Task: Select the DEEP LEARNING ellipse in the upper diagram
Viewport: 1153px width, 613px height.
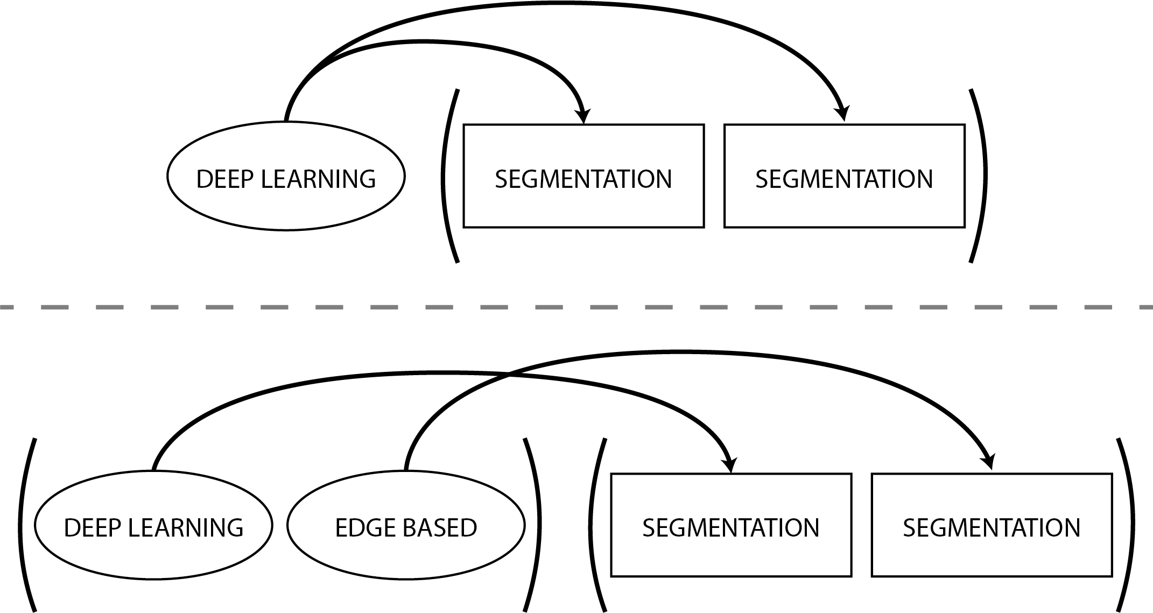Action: click(x=286, y=207)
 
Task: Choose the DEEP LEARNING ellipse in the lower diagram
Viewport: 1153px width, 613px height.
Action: click(x=153, y=554)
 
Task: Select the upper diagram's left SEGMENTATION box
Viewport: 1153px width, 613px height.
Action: click(x=583, y=207)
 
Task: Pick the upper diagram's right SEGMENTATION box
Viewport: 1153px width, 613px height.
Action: click(x=844, y=207)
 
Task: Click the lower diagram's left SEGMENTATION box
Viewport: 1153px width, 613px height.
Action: click(x=731, y=554)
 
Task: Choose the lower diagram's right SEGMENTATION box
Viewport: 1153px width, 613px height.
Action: click(x=992, y=554)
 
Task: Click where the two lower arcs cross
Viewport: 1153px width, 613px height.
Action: click(x=508, y=375)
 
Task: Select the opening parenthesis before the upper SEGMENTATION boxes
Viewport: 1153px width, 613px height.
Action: click(x=446, y=175)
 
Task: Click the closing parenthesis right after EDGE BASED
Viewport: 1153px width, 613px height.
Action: click(x=535, y=525)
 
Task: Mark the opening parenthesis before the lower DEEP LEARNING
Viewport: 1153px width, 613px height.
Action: click(x=24, y=525)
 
